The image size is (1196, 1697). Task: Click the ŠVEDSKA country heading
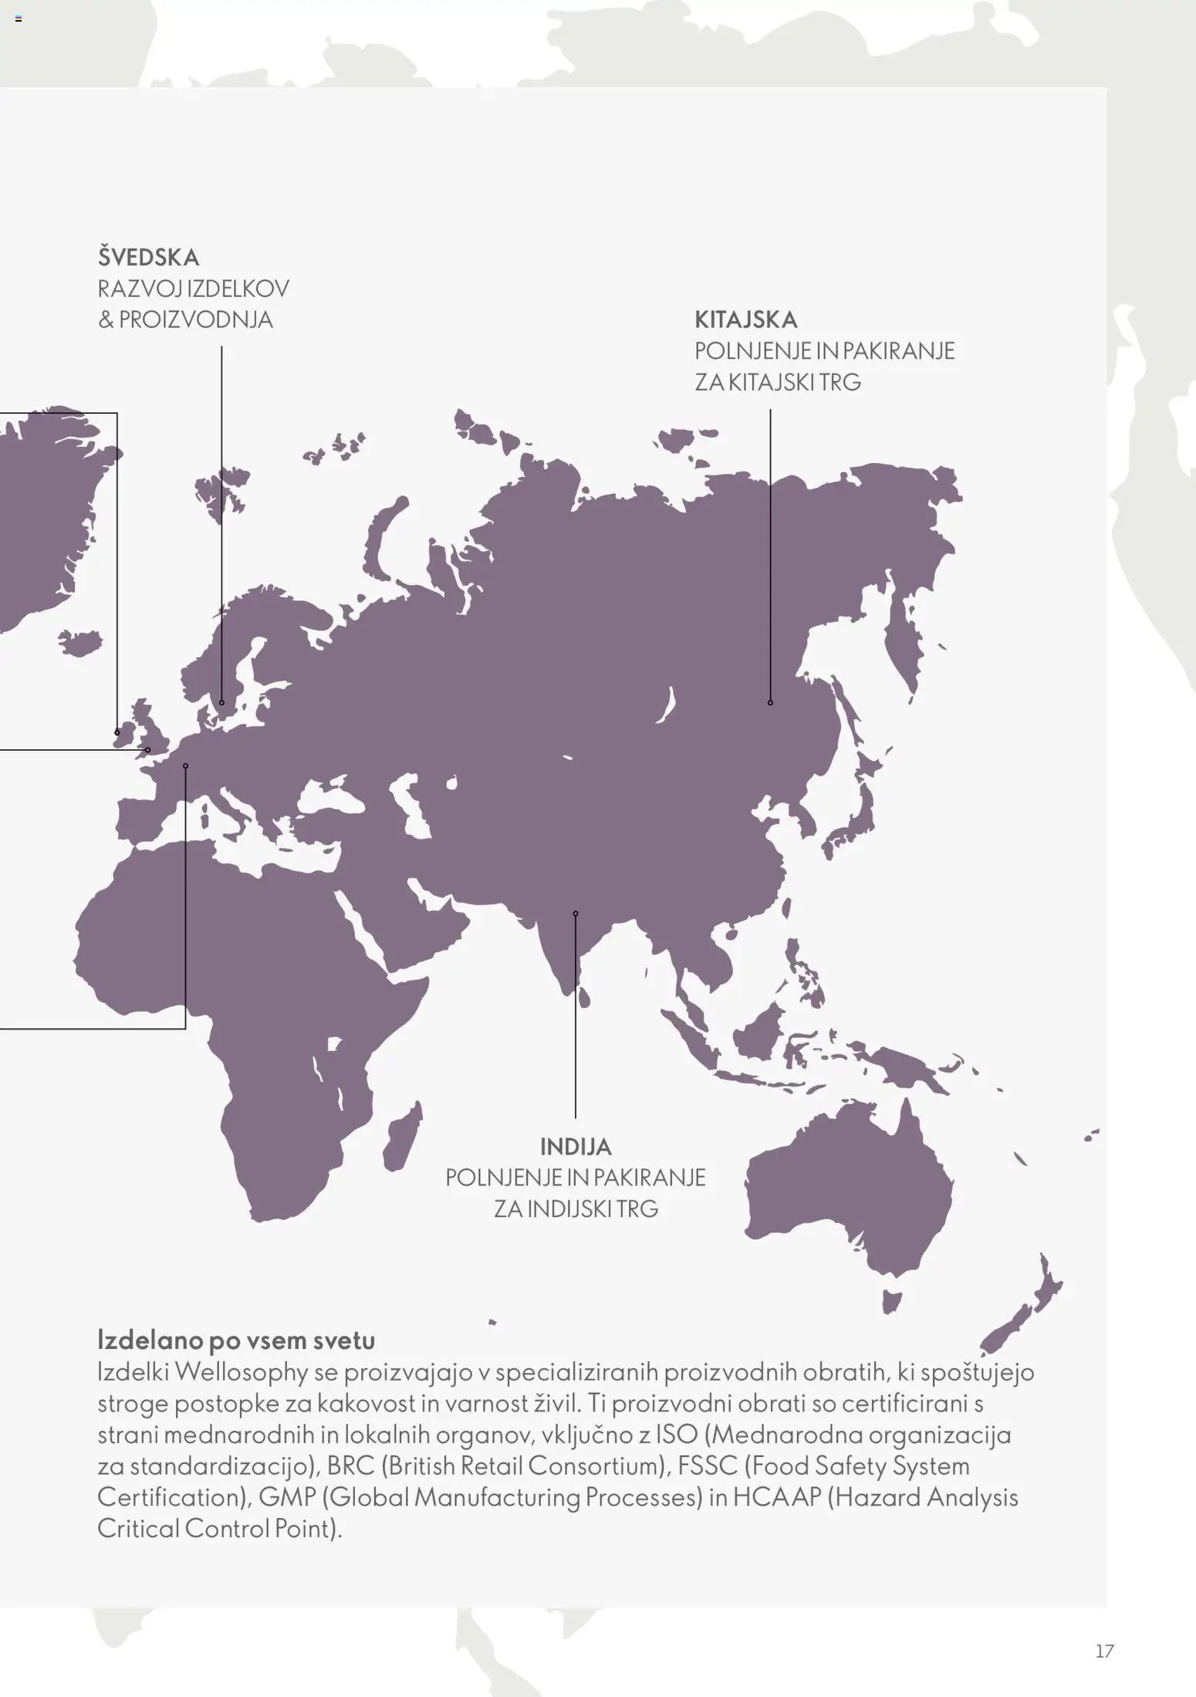(x=148, y=257)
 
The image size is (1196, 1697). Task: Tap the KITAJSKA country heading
(x=745, y=319)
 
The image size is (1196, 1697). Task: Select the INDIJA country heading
(x=576, y=1147)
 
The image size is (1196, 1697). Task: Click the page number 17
(x=1104, y=1651)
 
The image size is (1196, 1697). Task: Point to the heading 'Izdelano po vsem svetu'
(x=236, y=1340)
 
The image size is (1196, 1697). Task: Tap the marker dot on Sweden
(x=221, y=702)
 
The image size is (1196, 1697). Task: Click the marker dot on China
(x=770, y=702)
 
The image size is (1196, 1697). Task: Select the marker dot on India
(x=576, y=914)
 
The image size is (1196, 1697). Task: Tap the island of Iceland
(x=79, y=641)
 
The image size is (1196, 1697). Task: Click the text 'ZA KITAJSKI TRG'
(x=777, y=382)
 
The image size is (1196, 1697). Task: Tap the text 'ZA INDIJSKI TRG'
(x=576, y=1209)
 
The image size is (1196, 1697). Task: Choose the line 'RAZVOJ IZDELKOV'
(x=193, y=289)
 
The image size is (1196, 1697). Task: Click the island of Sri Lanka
(x=584, y=998)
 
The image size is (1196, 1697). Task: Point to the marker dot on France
(x=185, y=766)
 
